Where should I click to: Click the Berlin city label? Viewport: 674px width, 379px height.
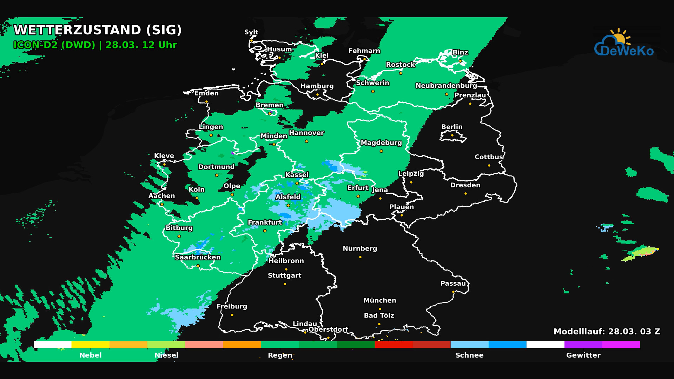[452, 127]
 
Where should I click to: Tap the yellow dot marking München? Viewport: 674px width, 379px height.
[380, 309]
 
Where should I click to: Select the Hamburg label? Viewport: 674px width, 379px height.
[317, 86]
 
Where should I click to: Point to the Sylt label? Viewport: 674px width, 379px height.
[251, 32]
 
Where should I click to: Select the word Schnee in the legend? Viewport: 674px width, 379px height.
[469, 355]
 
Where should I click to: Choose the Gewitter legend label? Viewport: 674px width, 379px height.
[583, 355]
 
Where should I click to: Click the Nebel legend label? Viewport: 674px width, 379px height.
[90, 355]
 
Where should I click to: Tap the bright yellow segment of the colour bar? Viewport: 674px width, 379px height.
[90, 345]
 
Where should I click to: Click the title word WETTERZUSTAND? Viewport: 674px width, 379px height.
[77, 30]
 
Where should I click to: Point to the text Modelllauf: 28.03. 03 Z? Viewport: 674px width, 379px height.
[607, 332]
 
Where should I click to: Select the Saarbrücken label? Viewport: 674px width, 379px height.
[198, 257]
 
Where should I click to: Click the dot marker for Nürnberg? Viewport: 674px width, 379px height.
[360, 257]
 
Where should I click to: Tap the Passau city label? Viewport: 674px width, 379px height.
[453, 284]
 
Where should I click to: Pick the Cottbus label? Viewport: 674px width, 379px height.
[489, 157]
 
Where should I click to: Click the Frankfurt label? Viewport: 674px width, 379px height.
[265, 222]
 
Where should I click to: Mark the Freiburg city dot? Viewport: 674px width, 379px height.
[232, 315]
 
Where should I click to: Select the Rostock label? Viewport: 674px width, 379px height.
[400, 65]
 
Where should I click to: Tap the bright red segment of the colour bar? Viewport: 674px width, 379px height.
[394, 345]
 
